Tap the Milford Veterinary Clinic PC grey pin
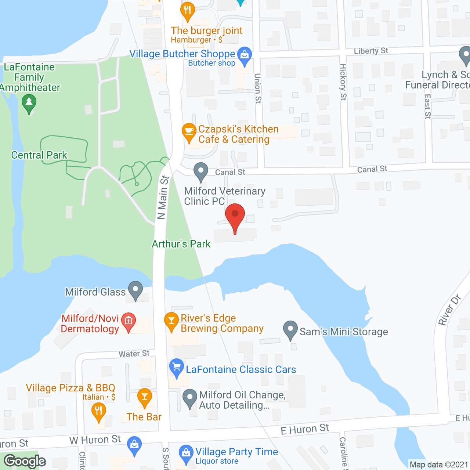200,171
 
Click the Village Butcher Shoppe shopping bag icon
245,55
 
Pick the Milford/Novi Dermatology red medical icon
129,321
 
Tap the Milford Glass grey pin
135,290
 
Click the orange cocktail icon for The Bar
145,397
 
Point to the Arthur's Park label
181,244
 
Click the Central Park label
39,155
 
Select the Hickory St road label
343,82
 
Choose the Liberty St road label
371,51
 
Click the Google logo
25,461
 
